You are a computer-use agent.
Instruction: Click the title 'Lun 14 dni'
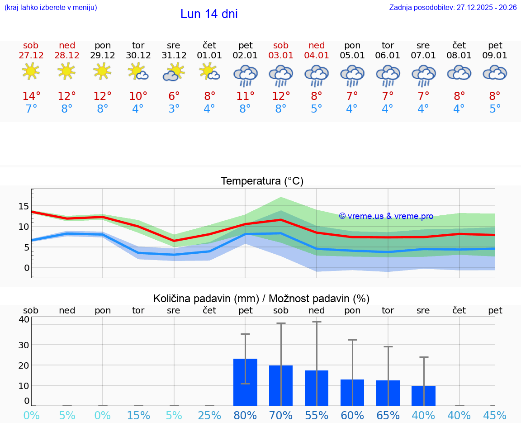click(209, 14)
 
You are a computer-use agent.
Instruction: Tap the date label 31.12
click(174, 55)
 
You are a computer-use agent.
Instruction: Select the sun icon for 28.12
click(66, 71)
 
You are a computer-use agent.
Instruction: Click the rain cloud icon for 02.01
click(245, 75)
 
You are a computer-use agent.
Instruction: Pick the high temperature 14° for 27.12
click(31, 96)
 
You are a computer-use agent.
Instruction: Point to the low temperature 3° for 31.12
click(174, 109)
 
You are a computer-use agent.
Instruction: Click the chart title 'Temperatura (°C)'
click(262, 181)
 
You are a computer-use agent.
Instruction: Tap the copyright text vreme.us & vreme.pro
click(386, 216)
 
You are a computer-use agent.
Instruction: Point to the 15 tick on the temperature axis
click(24, 206)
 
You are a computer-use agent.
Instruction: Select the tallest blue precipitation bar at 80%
click(245, 382)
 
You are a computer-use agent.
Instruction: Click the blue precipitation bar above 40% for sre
click(423, 396)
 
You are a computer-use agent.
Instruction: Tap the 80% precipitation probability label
click(245, 415)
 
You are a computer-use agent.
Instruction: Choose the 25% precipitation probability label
click(209, 415)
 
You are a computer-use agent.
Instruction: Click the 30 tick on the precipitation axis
click(24, 345)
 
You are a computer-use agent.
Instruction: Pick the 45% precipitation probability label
click(495, 415)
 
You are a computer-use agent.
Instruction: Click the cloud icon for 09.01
click(495, 73)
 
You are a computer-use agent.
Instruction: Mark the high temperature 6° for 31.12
click(174, 96)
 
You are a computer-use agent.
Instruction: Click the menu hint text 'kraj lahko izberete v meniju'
click(51, 8)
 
